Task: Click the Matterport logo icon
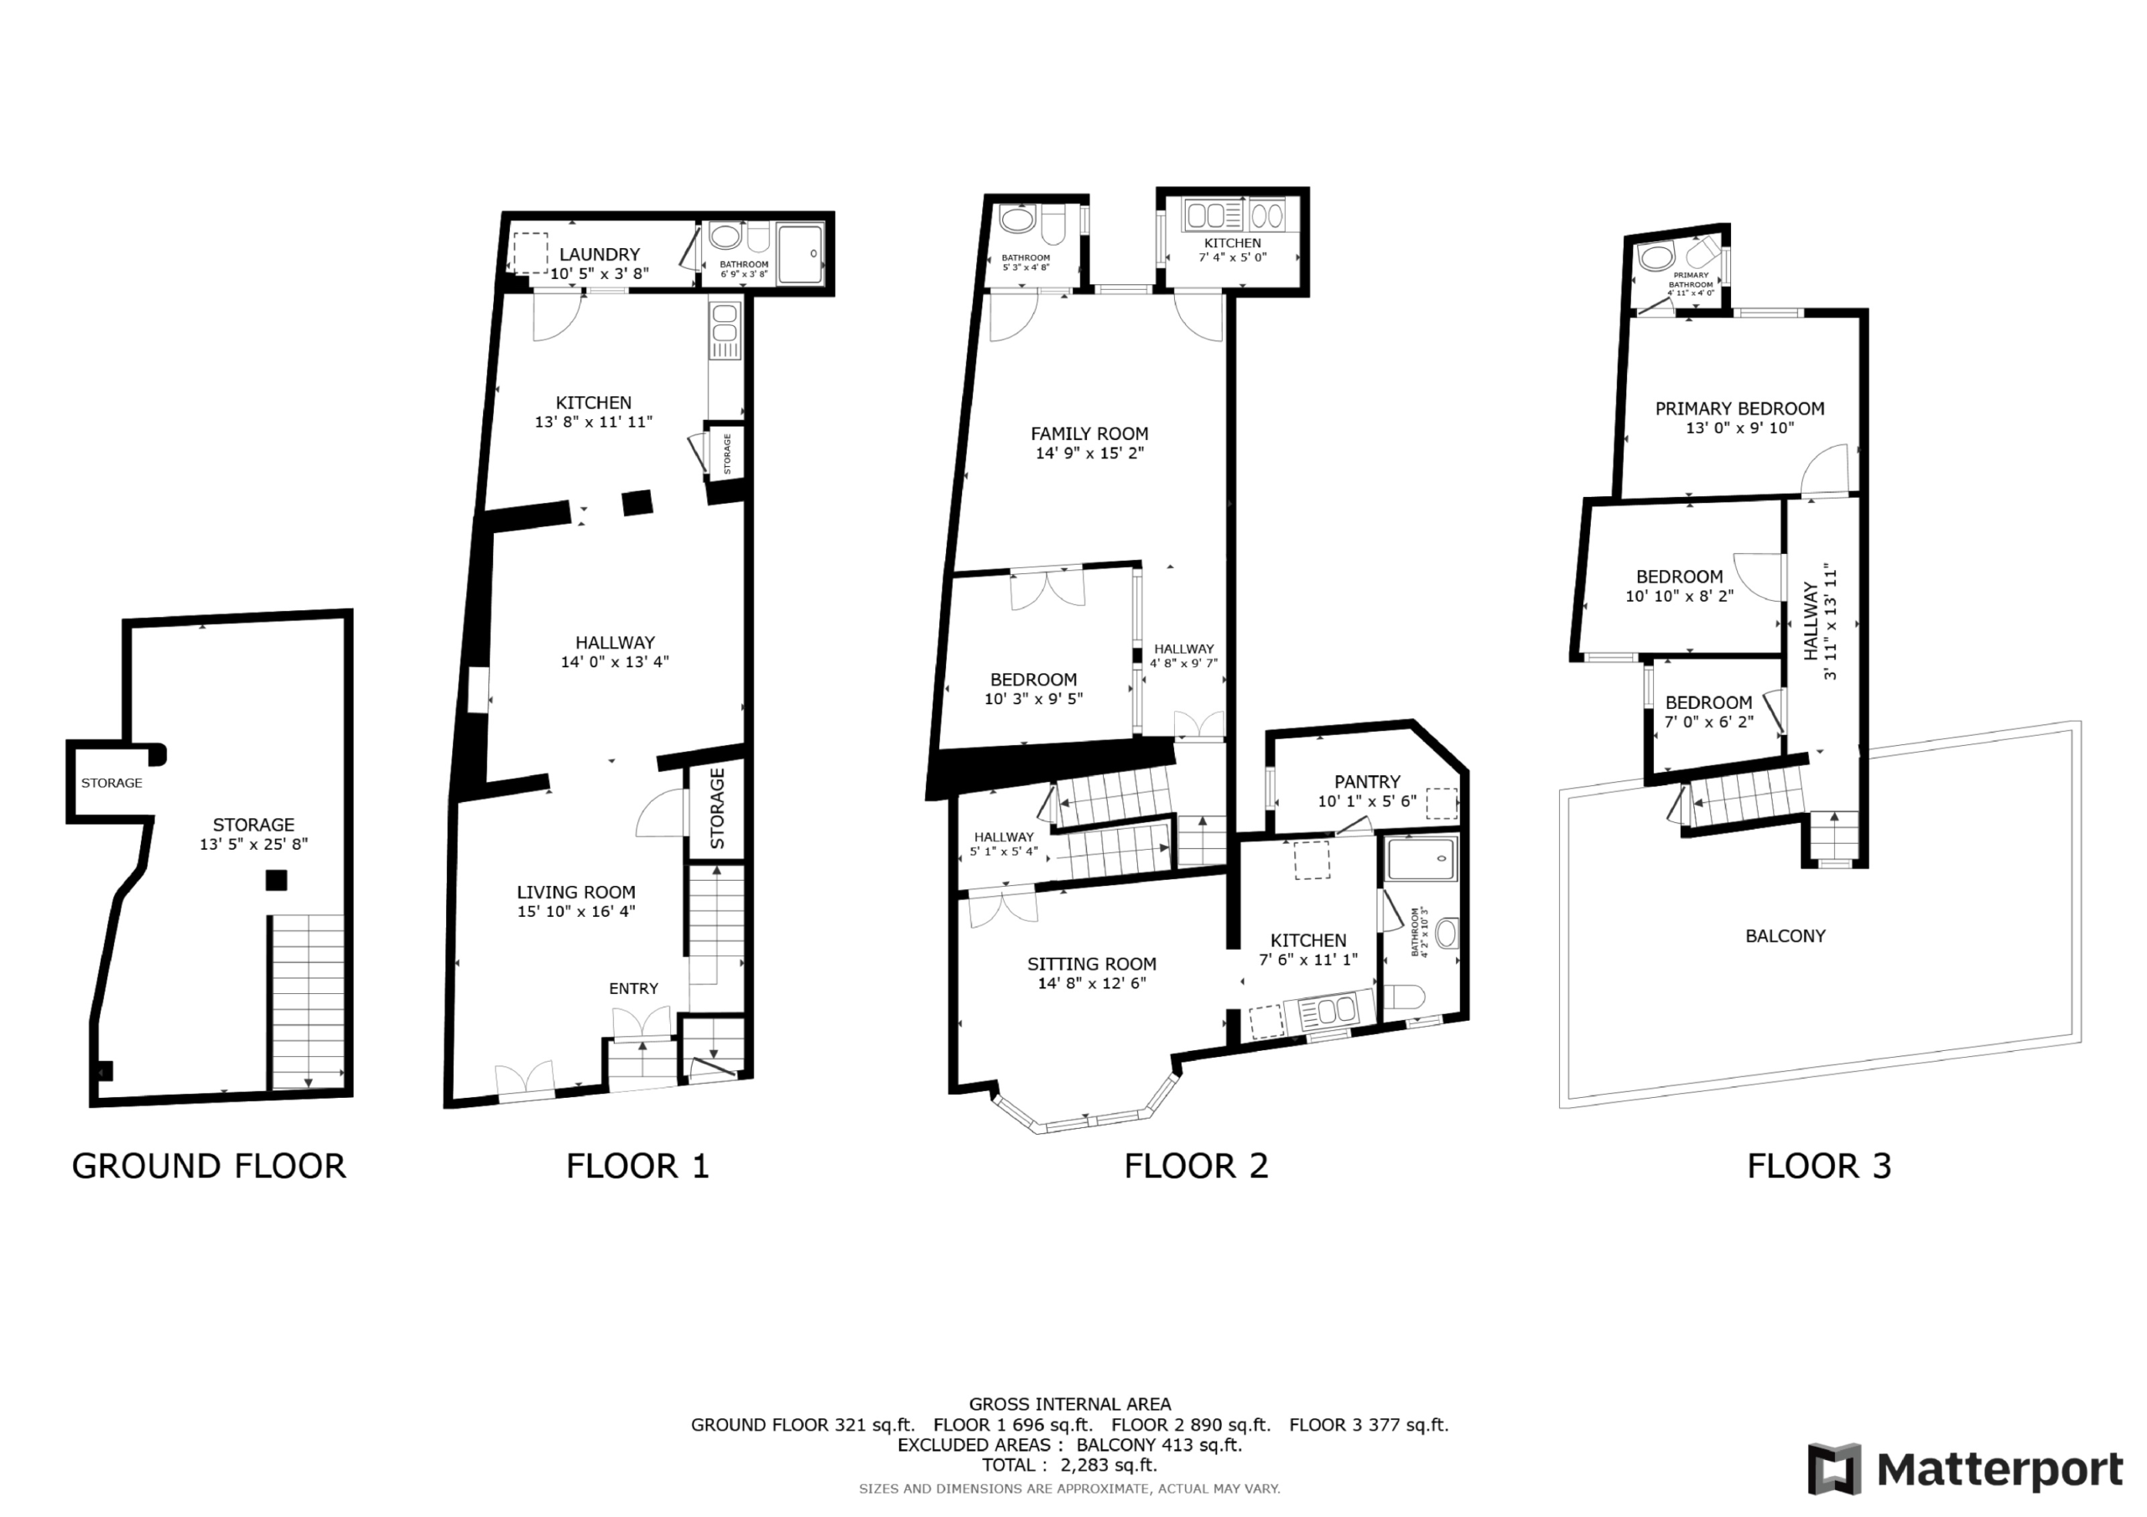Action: (1836, 1469)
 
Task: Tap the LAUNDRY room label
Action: (600, 254)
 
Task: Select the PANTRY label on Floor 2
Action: (1367, 781)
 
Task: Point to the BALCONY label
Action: (1786, 935)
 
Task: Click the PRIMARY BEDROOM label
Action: (1739, 408)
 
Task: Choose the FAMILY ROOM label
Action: (1089, 433)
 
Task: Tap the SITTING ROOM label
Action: (1091, 964)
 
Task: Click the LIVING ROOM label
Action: (576, 892)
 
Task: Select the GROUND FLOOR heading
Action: (209, 1166)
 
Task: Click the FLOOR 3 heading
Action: (1819, 1166)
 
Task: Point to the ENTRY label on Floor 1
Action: (633, 988)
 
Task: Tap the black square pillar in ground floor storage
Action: (276, 879)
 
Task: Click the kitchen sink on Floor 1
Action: (725, 330)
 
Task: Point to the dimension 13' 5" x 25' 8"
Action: (253, 844)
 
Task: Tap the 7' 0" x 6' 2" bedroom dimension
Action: (1708, 722)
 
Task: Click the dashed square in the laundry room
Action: (530, 252)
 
